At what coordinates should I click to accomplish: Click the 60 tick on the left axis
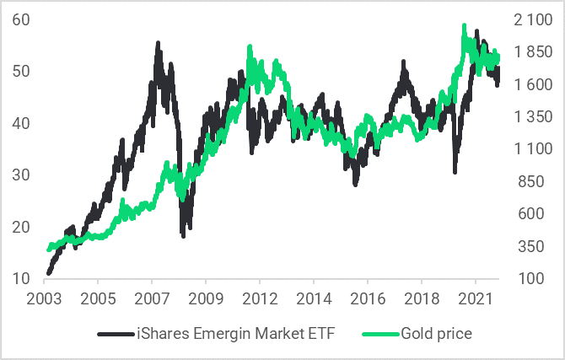22,19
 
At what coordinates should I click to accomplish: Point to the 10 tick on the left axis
22,278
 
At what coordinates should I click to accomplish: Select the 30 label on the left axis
22,175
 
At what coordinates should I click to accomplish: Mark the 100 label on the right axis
527,278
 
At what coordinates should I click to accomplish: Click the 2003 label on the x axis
44,299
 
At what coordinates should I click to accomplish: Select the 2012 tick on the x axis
260,299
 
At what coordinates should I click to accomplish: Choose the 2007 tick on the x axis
152,299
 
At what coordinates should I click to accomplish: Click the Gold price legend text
438,334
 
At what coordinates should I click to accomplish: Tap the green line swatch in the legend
374,334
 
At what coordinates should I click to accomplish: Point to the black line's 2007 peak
159,43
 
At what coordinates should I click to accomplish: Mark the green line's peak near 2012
250,48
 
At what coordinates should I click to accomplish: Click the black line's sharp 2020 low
455,171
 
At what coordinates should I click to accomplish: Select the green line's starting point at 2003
49,250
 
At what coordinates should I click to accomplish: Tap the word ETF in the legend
321,334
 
